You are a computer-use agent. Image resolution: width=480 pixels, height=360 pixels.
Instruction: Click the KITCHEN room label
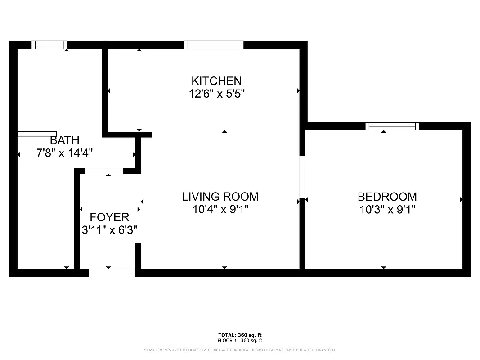pos(216,81)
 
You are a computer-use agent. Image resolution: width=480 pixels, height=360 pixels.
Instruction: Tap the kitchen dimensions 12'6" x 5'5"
pos(216,94)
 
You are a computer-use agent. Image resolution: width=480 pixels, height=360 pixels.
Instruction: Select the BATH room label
pos(64,140)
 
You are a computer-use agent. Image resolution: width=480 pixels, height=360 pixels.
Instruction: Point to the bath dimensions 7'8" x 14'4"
pos(64,153)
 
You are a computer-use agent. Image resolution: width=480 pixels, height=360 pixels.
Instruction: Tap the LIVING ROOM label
pos(220,197)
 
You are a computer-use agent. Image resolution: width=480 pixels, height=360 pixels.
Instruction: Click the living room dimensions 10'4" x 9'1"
pos(220,209)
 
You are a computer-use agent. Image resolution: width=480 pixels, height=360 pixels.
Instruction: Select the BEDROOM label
pos(387,197)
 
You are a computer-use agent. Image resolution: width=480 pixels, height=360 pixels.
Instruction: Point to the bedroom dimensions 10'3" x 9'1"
pos(387,209)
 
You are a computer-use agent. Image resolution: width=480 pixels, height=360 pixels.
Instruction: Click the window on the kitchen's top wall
pos(214,45)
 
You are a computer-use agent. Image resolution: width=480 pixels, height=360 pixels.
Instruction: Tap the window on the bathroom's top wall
pos(49,45)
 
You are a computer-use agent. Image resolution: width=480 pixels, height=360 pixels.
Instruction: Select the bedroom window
pos(392,126)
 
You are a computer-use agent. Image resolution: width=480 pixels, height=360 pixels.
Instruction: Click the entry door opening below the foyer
pos(111,273)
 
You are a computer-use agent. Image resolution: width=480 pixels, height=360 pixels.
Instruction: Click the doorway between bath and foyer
pos(104,171)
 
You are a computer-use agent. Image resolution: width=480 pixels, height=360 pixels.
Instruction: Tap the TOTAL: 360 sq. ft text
pos(240,335)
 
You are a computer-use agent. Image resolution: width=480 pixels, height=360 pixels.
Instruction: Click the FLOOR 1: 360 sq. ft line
pos(240,341)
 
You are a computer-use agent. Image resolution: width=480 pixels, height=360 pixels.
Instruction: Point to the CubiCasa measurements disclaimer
pos(240,350)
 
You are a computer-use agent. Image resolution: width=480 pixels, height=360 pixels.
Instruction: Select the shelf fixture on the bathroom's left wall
pos(37,134)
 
